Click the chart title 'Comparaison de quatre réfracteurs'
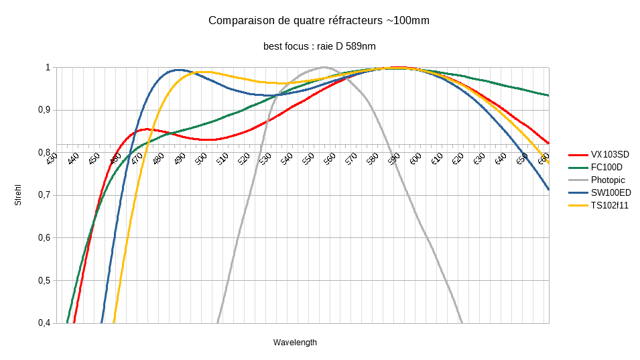[x=319, y=21]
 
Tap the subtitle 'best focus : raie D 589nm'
[x=319, y=46]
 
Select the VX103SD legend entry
[x=610, y=154]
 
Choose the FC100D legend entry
[x=606, y=167]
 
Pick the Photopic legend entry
[x=609, y=180]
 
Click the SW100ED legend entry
[x=611, y=192]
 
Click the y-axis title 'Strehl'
[x=19, y=195]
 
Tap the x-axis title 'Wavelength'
[x=295, y=343]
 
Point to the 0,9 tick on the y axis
[x=44, y=110]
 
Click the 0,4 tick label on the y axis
[x=44, y=323]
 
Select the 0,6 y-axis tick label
[x=44, y=238]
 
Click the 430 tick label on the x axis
[x=53, y=158]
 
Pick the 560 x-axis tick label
[x=329, y=158]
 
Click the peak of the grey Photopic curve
[x=324, y=67]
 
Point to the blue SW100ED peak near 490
[x=179, y=70]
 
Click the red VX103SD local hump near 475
[x=147, y=129]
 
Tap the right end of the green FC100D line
[x=548, y=95]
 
